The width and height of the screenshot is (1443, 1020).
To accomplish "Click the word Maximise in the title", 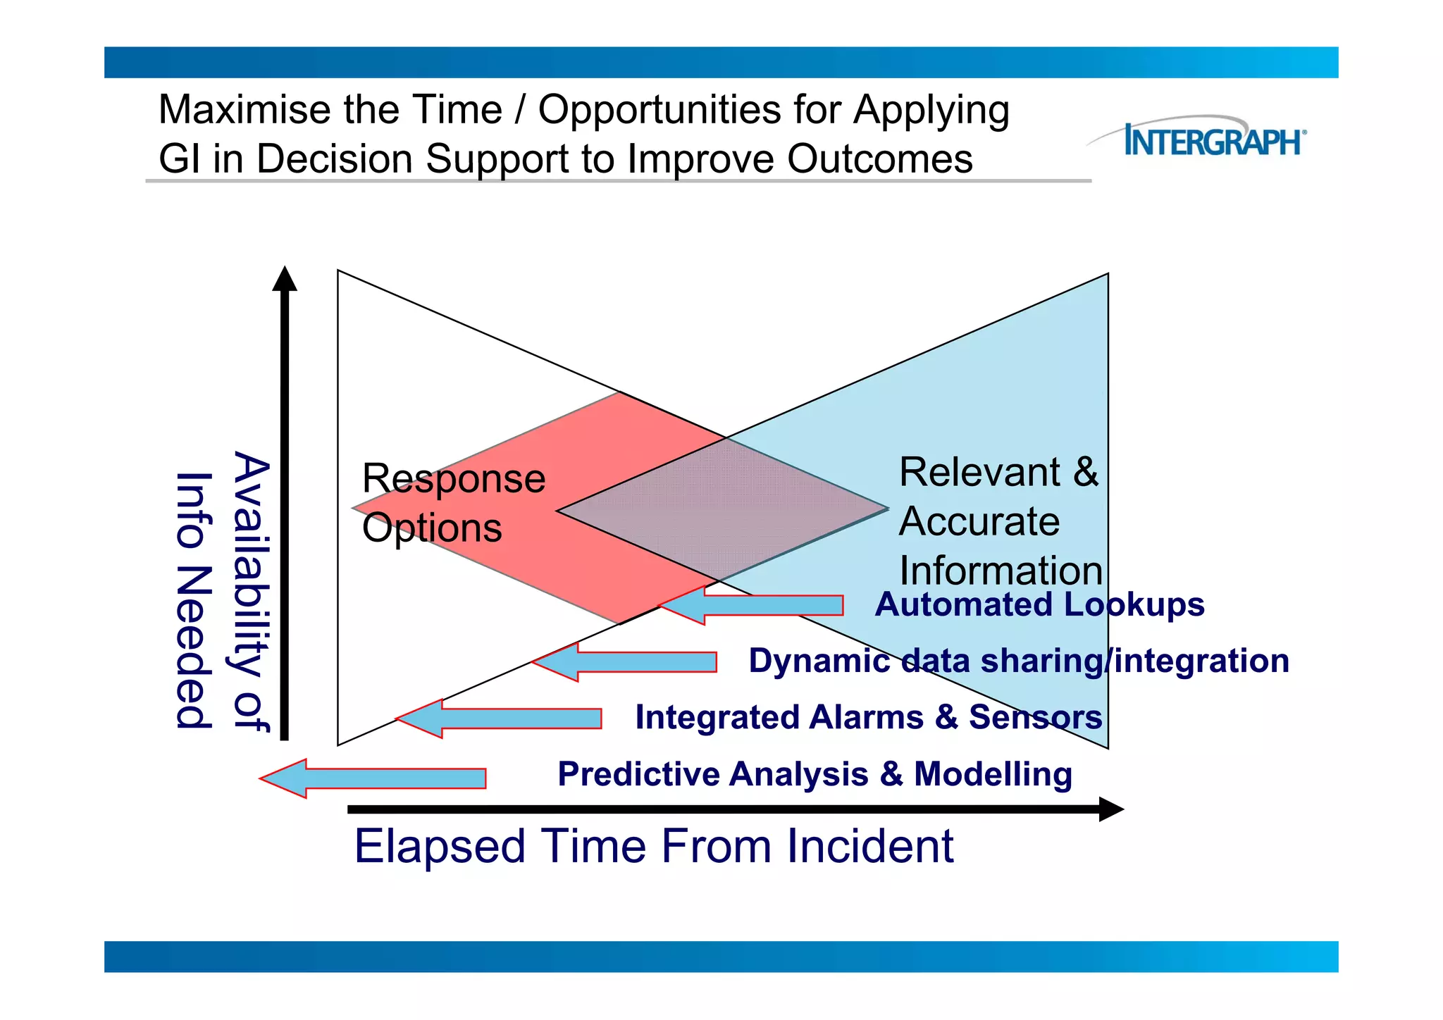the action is (x=244, y=110).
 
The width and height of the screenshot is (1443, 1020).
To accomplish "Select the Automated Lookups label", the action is (x=1039, y=604).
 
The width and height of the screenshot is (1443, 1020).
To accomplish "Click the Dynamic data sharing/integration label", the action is (x=1018, y=661).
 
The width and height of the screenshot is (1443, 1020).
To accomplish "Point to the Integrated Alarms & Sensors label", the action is (x=868, y=717).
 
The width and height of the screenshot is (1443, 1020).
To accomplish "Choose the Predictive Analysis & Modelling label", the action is (x=815, y=773).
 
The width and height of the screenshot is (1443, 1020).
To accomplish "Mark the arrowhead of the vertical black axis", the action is (x=285, y=280).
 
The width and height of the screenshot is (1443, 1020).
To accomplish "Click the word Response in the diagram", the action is (x=453, y=479).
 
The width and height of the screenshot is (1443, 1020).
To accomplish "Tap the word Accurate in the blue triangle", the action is (x=979, y=521).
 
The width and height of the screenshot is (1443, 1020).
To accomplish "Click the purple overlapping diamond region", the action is (x=722, y=509).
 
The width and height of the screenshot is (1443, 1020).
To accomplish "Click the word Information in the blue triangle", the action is (x=1001, y=571).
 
